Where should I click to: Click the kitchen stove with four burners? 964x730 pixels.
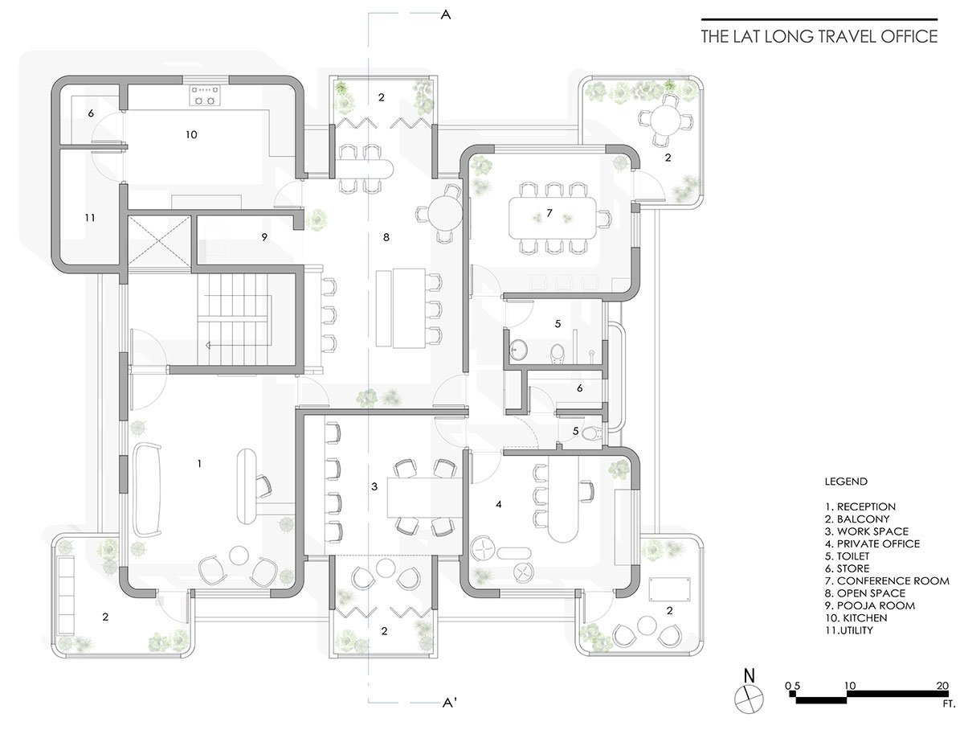coord(204,96)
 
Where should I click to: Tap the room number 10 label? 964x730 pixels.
coord(191,134)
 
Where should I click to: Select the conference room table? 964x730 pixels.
coord(552,218)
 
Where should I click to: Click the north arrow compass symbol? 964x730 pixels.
coord(749,698)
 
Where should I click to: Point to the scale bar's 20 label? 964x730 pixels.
coord(942,685)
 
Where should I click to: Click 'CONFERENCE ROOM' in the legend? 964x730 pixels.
coord(893,580)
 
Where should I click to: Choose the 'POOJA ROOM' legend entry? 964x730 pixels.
coord(876,605)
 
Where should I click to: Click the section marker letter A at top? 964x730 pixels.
coord(445,15)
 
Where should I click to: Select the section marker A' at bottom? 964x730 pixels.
coord(449,703)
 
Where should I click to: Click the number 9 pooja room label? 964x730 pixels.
coord(264,237)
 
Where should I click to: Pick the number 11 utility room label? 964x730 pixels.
coord(90,218)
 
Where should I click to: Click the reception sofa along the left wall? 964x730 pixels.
coord(147,490)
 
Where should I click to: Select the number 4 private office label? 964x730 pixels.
coord(499,504)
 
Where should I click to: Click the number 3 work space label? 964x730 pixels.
coord(374,486)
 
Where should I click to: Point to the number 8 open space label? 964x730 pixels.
coord(386,237)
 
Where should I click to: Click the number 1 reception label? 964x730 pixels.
coord(199,463)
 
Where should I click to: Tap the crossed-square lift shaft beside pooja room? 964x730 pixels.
coord(159,241)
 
